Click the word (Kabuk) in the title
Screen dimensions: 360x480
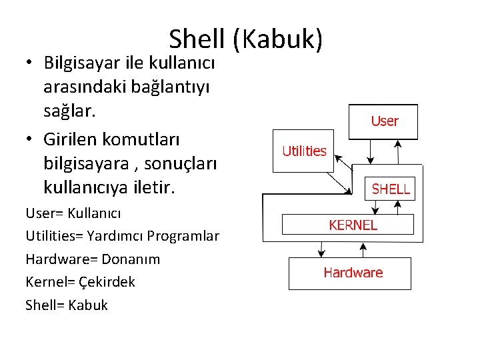[278, 40]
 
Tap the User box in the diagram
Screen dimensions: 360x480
[384, 121]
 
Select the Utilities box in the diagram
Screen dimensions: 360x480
[303, 151]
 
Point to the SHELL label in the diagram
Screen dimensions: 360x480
[391, 189]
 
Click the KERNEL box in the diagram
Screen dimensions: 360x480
[353, 225]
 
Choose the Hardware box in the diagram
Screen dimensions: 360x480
[353, 273]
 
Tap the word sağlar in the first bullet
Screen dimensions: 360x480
[69, 111]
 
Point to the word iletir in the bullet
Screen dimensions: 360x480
[154, 187]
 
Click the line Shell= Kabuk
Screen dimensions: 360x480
[67, 305]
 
